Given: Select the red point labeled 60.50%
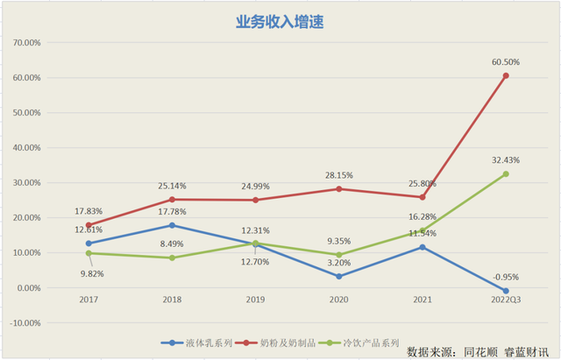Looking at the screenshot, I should click(x=506, y=76).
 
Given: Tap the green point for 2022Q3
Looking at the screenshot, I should click(x=506, y=174).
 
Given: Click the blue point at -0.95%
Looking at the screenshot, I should click(x=506, y=291).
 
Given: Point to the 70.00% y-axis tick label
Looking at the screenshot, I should click(x=24, y=42).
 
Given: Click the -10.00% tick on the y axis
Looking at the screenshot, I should click(x=23, y=322).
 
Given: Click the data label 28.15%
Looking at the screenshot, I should click(x=337, y=174).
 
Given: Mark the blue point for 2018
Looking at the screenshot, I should click(x=173, y=225).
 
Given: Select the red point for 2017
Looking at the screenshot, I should click(x=89, y=225).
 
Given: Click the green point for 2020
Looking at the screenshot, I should click(x=337, y=255).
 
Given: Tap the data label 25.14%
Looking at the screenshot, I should click(x=173, y=186).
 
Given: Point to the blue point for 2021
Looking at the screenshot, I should click(x=422, y=247).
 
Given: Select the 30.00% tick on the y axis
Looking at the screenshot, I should click(x=24, y=182).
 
